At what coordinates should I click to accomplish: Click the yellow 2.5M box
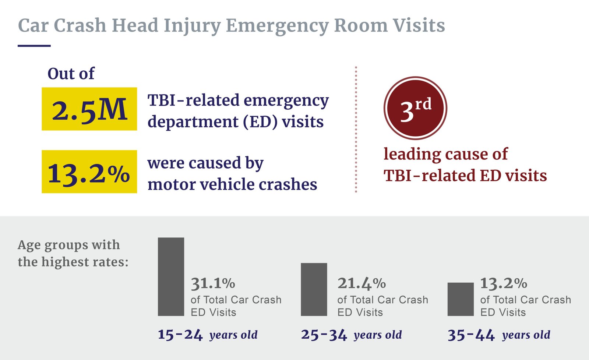coord(89,109)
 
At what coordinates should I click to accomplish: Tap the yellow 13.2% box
coord(89,172)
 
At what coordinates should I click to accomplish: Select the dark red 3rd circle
coord(415,108)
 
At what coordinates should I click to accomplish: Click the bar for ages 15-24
coord(171,277)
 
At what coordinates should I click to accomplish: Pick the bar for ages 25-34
coord(314,289)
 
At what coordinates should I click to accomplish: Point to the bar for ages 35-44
coord(461,299)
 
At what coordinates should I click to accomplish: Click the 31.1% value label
coord(213,283)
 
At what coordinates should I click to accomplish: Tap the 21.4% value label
coord(361,283)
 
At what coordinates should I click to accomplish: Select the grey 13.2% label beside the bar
coord(504,283)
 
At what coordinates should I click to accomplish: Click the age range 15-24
coord(180,335)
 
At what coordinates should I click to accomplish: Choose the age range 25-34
coord(324,335)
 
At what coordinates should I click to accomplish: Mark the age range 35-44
coord(471,335)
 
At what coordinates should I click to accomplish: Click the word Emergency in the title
coord(276,26)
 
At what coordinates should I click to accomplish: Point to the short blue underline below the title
coord(34,46)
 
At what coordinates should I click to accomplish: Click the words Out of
coord(71,74)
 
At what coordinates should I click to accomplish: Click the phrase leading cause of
coord(445,154)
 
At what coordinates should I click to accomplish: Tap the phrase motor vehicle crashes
coord(232,184)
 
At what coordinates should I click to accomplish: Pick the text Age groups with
coord(69,245)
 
